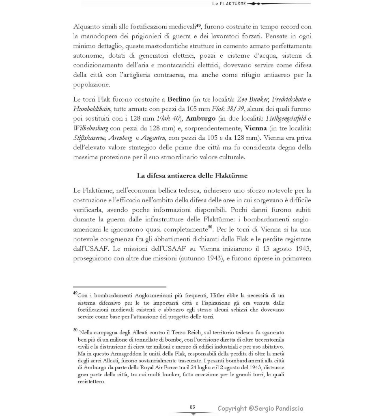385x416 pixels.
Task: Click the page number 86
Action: (x=192, y=407)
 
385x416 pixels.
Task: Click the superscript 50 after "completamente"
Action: (x=210, y=227)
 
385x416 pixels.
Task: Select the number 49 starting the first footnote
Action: (x=75, y=293)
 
